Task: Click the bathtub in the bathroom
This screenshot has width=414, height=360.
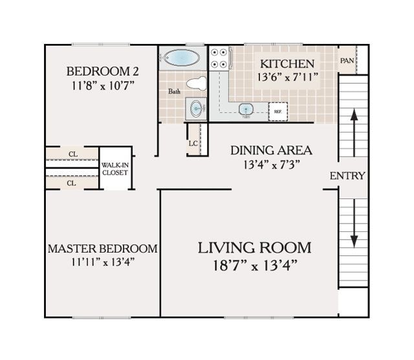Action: [182, 58]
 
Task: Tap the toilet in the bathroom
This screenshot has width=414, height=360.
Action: [197, 83]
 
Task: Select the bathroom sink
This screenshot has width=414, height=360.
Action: [195, 108]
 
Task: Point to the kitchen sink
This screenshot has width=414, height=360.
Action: [246, 109]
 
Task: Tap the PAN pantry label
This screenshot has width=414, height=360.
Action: [346, 61]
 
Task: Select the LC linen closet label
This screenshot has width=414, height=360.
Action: [193, 143]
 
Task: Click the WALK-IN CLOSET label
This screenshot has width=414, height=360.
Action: [114, 169]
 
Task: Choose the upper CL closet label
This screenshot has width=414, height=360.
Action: [72, 154]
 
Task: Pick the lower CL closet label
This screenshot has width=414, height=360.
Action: [72, 183]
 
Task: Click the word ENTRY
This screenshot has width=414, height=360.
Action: [347, 176]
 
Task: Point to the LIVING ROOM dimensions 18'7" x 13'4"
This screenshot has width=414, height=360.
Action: [254, 265]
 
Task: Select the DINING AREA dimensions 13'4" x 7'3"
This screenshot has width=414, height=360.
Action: [271, 165]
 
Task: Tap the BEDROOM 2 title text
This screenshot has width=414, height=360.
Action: [102, 71]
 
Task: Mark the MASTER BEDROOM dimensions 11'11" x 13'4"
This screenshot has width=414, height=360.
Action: [102, 262]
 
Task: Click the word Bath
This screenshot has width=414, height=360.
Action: [175, 92]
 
